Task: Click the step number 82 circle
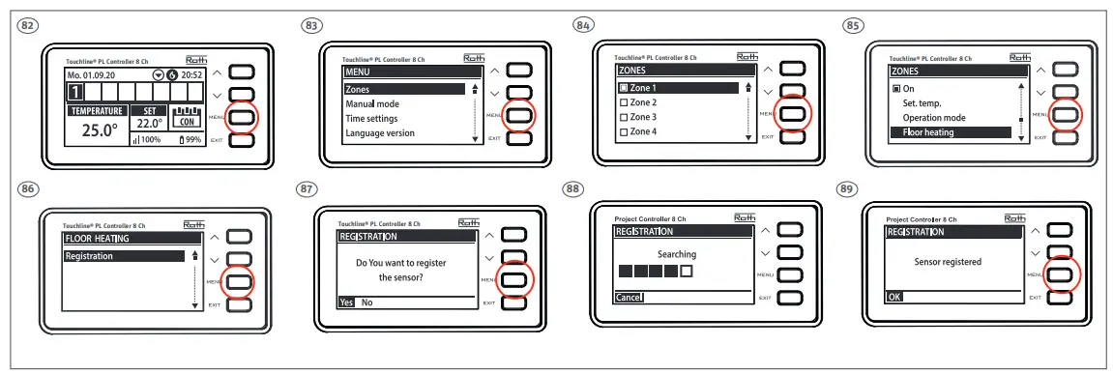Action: point(30,24)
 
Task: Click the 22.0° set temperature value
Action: point(148,124)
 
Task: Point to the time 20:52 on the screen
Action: point(190,74)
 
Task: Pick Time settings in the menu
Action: point(372,118)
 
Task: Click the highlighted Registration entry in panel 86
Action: point(89,256)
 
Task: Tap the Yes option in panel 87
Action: point(346,302)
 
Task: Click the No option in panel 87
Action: point(366,302)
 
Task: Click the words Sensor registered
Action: point(948,262)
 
